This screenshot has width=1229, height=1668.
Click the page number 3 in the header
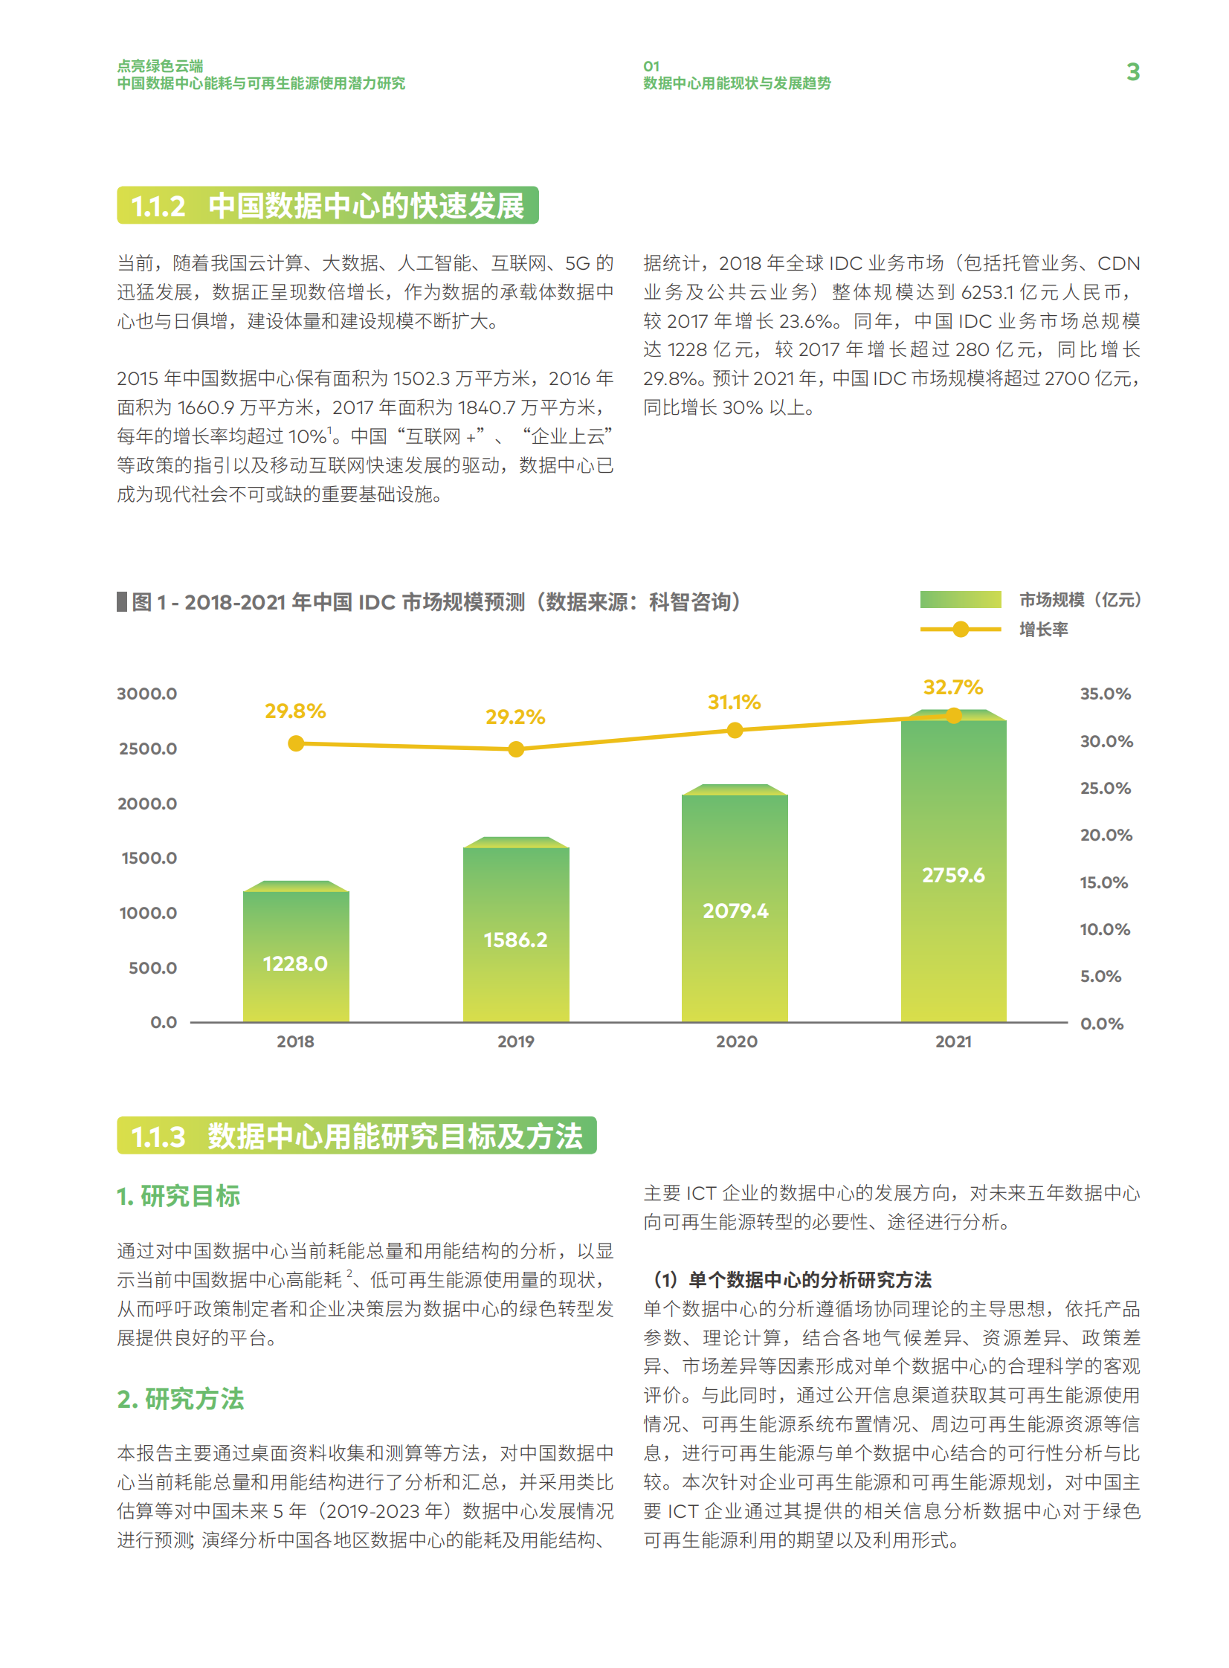coord(1132,72)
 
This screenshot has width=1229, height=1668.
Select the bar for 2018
coord(295,955)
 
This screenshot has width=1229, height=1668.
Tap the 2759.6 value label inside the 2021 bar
coord(953,876)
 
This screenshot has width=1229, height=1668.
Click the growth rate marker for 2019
coord(515,749)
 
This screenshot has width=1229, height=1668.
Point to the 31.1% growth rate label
coord(734,702)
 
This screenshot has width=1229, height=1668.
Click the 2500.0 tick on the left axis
coord(148,749)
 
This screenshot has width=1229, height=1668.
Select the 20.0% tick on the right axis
coord(1106,835)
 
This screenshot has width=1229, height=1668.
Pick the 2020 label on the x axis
coord(737,1041)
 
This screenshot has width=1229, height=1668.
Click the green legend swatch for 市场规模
coord(960,599)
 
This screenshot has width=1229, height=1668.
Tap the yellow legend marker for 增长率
coord(961,629)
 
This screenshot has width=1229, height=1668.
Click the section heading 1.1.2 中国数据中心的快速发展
coord(327,205)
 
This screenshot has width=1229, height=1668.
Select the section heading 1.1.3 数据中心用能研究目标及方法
coord(356,1136)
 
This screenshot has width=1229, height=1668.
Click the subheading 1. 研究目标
coord(178,1196)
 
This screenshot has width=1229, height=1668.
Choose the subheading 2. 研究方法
coord(181,1399)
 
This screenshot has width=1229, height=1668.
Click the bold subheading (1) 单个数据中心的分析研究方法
coord(792,1279)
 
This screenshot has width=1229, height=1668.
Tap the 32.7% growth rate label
coord(952,687)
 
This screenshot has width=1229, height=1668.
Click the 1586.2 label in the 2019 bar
coord(515,940)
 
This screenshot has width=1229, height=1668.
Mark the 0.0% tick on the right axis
coord(1102,1024)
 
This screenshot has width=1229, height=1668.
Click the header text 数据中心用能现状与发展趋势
coord(737,83)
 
